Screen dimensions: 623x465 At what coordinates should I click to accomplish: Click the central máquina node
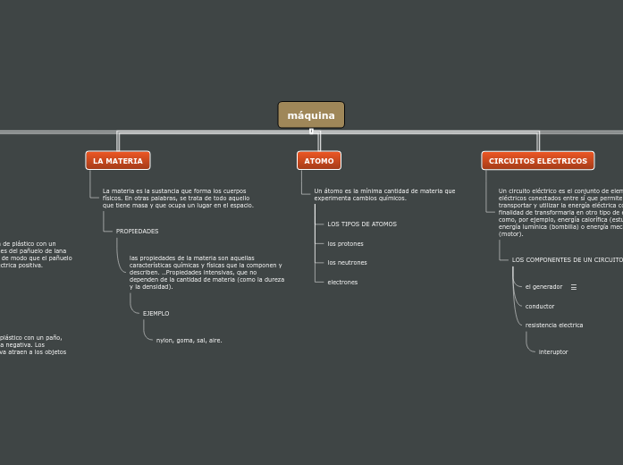[x=311, y=115]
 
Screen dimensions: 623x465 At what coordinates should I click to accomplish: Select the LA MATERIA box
[x=118, y=161]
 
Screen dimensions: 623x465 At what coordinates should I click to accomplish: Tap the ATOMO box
[x=319, y=161]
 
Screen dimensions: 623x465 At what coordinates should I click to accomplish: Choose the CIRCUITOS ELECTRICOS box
[x=538, y=161]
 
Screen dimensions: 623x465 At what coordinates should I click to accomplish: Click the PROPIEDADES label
[x=137, y=232]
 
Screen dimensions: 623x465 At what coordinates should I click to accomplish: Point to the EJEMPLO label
[x=156, y=314]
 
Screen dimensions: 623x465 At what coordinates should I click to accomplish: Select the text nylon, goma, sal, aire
[x=189, y=341]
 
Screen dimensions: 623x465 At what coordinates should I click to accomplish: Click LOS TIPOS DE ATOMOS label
[x=362, y=224]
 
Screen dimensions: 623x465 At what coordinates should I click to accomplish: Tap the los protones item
[x=345, y=243]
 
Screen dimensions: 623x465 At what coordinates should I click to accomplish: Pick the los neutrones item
[x=347, y=263]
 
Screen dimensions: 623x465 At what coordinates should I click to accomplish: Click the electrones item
[x=342, y=283]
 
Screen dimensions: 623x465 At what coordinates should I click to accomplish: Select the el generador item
[x=543, y=287]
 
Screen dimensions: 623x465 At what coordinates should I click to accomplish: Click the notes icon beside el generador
[x=574, y=287]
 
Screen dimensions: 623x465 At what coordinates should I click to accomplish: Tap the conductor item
[x=540, y=307]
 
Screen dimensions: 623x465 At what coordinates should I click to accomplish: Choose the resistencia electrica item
[x=554, y=325]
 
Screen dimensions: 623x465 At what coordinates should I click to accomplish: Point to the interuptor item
[x=553, y=352]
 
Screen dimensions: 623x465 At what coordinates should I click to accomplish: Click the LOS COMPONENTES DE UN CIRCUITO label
[x=567, y=259]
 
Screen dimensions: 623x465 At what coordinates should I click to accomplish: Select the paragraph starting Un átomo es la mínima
[x=384, y=194]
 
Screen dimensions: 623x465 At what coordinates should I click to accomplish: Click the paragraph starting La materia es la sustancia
[x=178, y=198]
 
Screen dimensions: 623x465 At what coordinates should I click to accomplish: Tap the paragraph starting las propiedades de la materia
[x=206, y=272]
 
